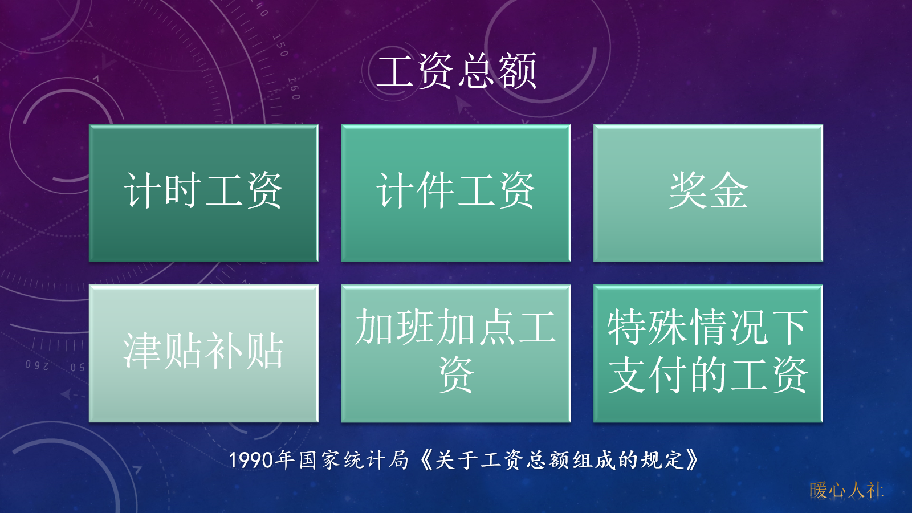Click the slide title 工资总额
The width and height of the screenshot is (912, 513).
[457, 71]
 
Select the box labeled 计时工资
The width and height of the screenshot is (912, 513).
[203, 193]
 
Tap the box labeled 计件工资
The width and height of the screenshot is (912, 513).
[455, 193]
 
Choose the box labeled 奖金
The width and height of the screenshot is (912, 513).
[708, 193]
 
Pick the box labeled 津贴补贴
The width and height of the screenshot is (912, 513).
[203, 353]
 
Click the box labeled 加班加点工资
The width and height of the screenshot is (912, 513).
[455, 353]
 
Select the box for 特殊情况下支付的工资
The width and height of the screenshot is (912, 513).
[708, 353]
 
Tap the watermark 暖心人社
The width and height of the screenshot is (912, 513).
[846, 490]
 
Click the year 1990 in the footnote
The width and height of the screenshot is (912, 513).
[251, 460]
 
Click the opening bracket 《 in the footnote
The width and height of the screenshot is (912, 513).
[426, 459]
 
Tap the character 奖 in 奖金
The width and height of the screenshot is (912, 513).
[687, 190]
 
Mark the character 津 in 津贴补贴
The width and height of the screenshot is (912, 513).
[142, 351]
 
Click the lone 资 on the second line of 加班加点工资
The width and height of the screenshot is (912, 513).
[455, 376]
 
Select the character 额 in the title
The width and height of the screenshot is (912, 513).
[518, 71]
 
